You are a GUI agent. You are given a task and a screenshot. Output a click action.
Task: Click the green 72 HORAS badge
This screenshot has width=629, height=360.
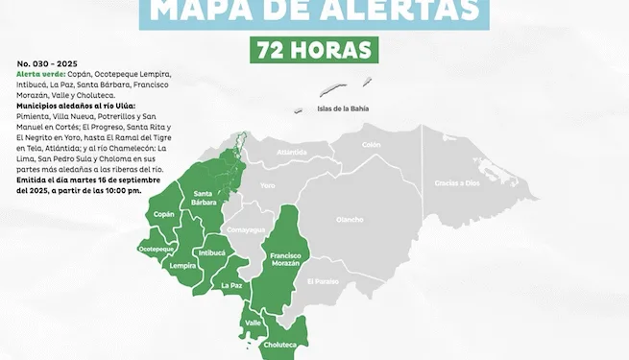313,49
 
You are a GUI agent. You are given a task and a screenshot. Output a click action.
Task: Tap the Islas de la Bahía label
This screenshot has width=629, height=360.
344,109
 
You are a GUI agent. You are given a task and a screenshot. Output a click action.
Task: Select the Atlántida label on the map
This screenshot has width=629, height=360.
292,152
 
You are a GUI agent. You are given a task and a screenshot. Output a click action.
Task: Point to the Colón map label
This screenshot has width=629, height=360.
372,144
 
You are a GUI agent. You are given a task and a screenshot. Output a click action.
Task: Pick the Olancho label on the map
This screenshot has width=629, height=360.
350,219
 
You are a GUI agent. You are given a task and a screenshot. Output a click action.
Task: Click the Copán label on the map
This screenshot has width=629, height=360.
164,214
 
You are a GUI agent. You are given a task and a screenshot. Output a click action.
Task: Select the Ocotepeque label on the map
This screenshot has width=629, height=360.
156,248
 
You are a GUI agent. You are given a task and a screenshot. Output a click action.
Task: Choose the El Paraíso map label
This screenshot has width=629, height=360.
323,281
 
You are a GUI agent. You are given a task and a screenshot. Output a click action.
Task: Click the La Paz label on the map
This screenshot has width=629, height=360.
231,285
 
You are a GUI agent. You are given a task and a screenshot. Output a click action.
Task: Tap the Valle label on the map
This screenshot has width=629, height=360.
254,323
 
